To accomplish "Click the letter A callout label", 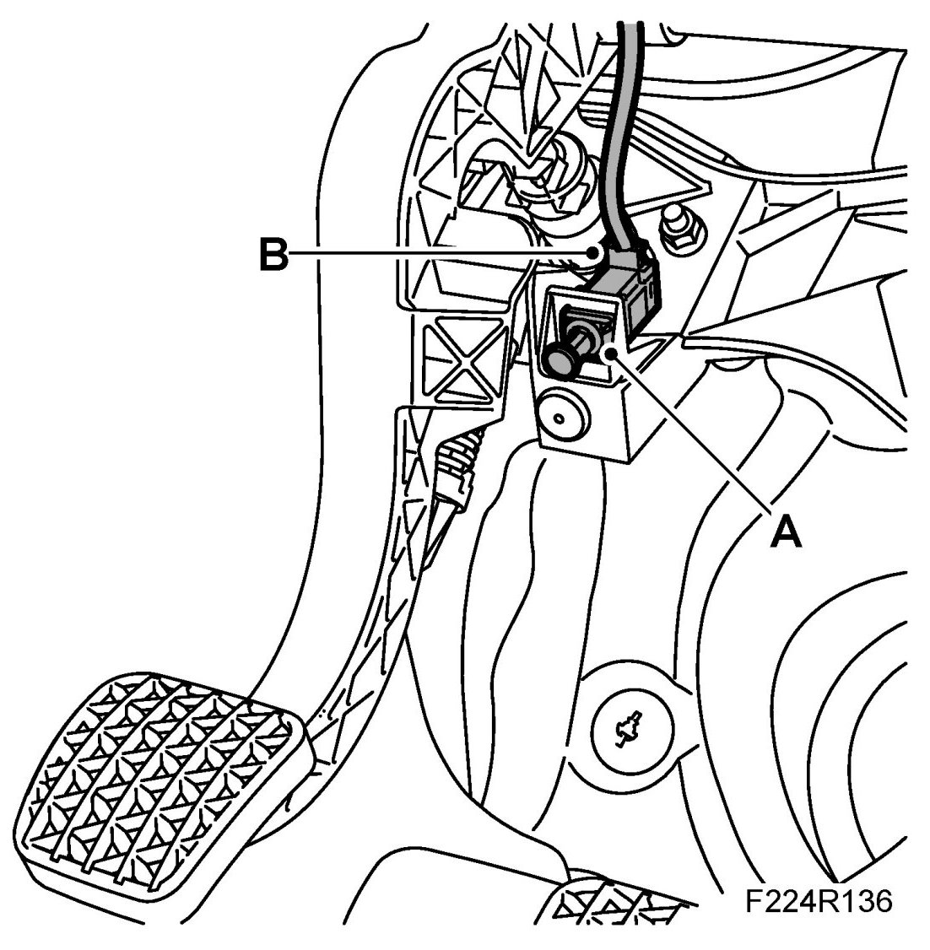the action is click(785, 532).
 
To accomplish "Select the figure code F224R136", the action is click(817, 900).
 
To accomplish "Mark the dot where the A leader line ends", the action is click(610, 353).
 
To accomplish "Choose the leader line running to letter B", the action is click(439, 252).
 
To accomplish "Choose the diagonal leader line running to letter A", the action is click(692, 430).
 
